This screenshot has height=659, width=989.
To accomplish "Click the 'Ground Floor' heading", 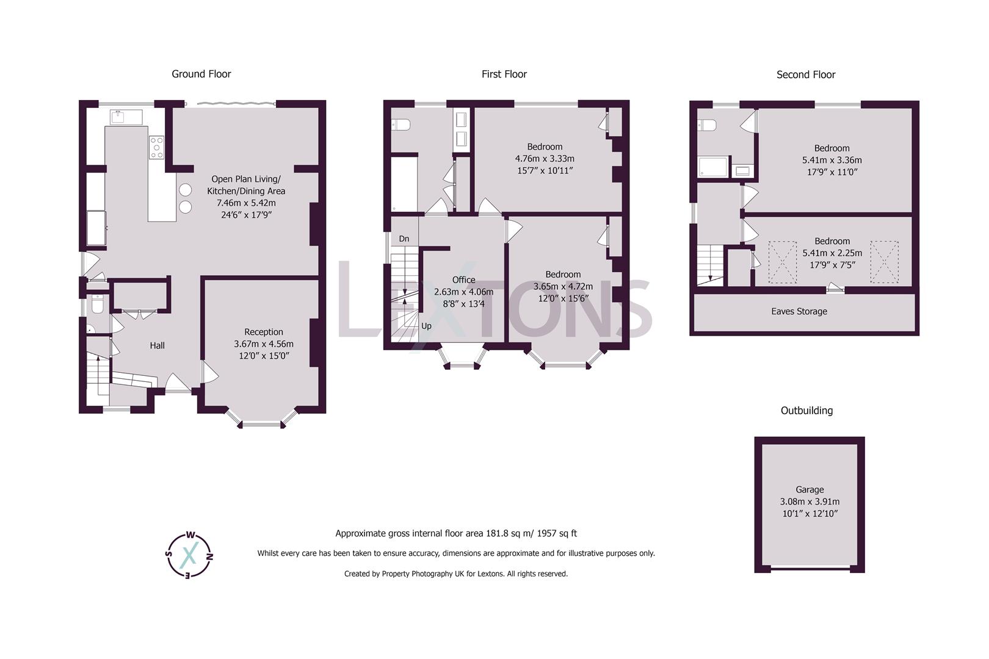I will click(x=201, y=74).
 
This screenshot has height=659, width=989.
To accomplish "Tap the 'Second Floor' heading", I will click(x=805, y=74).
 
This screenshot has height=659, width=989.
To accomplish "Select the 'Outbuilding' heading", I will click(x=806, y=411).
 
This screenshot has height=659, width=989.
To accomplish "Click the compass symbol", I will click(x=189, y=555).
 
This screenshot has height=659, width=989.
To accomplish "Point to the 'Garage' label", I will click(x=810, y=489).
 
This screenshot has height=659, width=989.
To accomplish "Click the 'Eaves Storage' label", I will click(x=799, y=311).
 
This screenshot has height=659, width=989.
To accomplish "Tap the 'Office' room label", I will click(x=463, y=279).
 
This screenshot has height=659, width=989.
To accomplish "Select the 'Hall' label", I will click(x=157, y=345).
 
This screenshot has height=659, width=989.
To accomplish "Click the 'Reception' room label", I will click(x=264, y=332).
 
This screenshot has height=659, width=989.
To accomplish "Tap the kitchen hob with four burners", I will click(x=157, y=148).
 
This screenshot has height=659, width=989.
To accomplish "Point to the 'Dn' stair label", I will click(x=404, y=239).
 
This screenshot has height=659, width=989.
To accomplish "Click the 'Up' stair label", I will click(x=426, y=326).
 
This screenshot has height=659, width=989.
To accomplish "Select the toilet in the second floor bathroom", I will click(x=708, y=125).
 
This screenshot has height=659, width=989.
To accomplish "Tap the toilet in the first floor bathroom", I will click(x=402, y=124).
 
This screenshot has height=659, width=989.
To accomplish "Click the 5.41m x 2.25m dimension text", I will click(x=832, y=253).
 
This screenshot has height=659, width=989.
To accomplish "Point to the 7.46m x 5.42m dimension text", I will click(x=246, y=203).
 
